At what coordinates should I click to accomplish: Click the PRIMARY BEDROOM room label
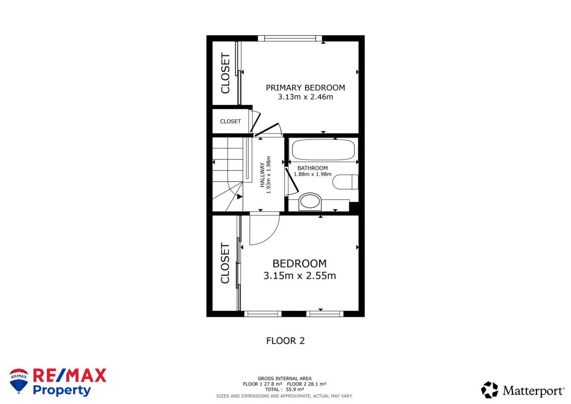[x=305, y=88]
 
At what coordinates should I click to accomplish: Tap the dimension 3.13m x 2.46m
[x=305, y=97]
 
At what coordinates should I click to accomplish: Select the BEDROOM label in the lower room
[x=299, y=263]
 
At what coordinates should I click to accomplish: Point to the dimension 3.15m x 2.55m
[x=299, y=276]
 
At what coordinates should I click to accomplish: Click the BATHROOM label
[x=312, y=168]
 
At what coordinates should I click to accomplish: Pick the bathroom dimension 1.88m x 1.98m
[x=312, y=174]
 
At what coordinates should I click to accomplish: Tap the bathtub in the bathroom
[x=323, y=150]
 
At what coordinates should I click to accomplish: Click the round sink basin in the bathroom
[x=310, y=202]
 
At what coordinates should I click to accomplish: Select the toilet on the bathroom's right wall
[x=345, y=182]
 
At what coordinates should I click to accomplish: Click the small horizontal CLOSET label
[x=230, y=121]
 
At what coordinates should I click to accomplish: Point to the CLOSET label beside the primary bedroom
[x=225, y=73]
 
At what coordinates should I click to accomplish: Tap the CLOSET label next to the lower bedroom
[x=225, y=263]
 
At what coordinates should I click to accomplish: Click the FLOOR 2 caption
[x=285, y=340]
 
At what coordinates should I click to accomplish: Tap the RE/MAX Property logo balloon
[x=19, y=381]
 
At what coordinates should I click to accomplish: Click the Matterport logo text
[x=530, y=389]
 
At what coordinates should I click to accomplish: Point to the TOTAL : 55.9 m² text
[x=284, y=389]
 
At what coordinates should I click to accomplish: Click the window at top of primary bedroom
[x=290, y=39]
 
